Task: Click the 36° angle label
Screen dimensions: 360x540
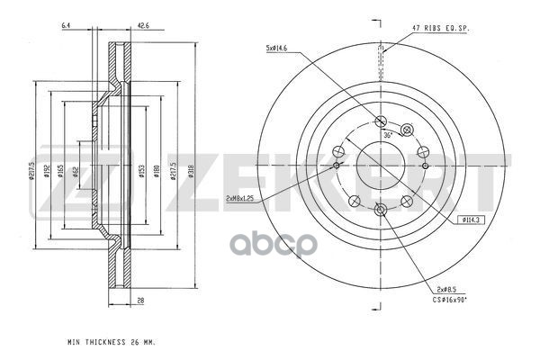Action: click(x=388, y=134)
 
